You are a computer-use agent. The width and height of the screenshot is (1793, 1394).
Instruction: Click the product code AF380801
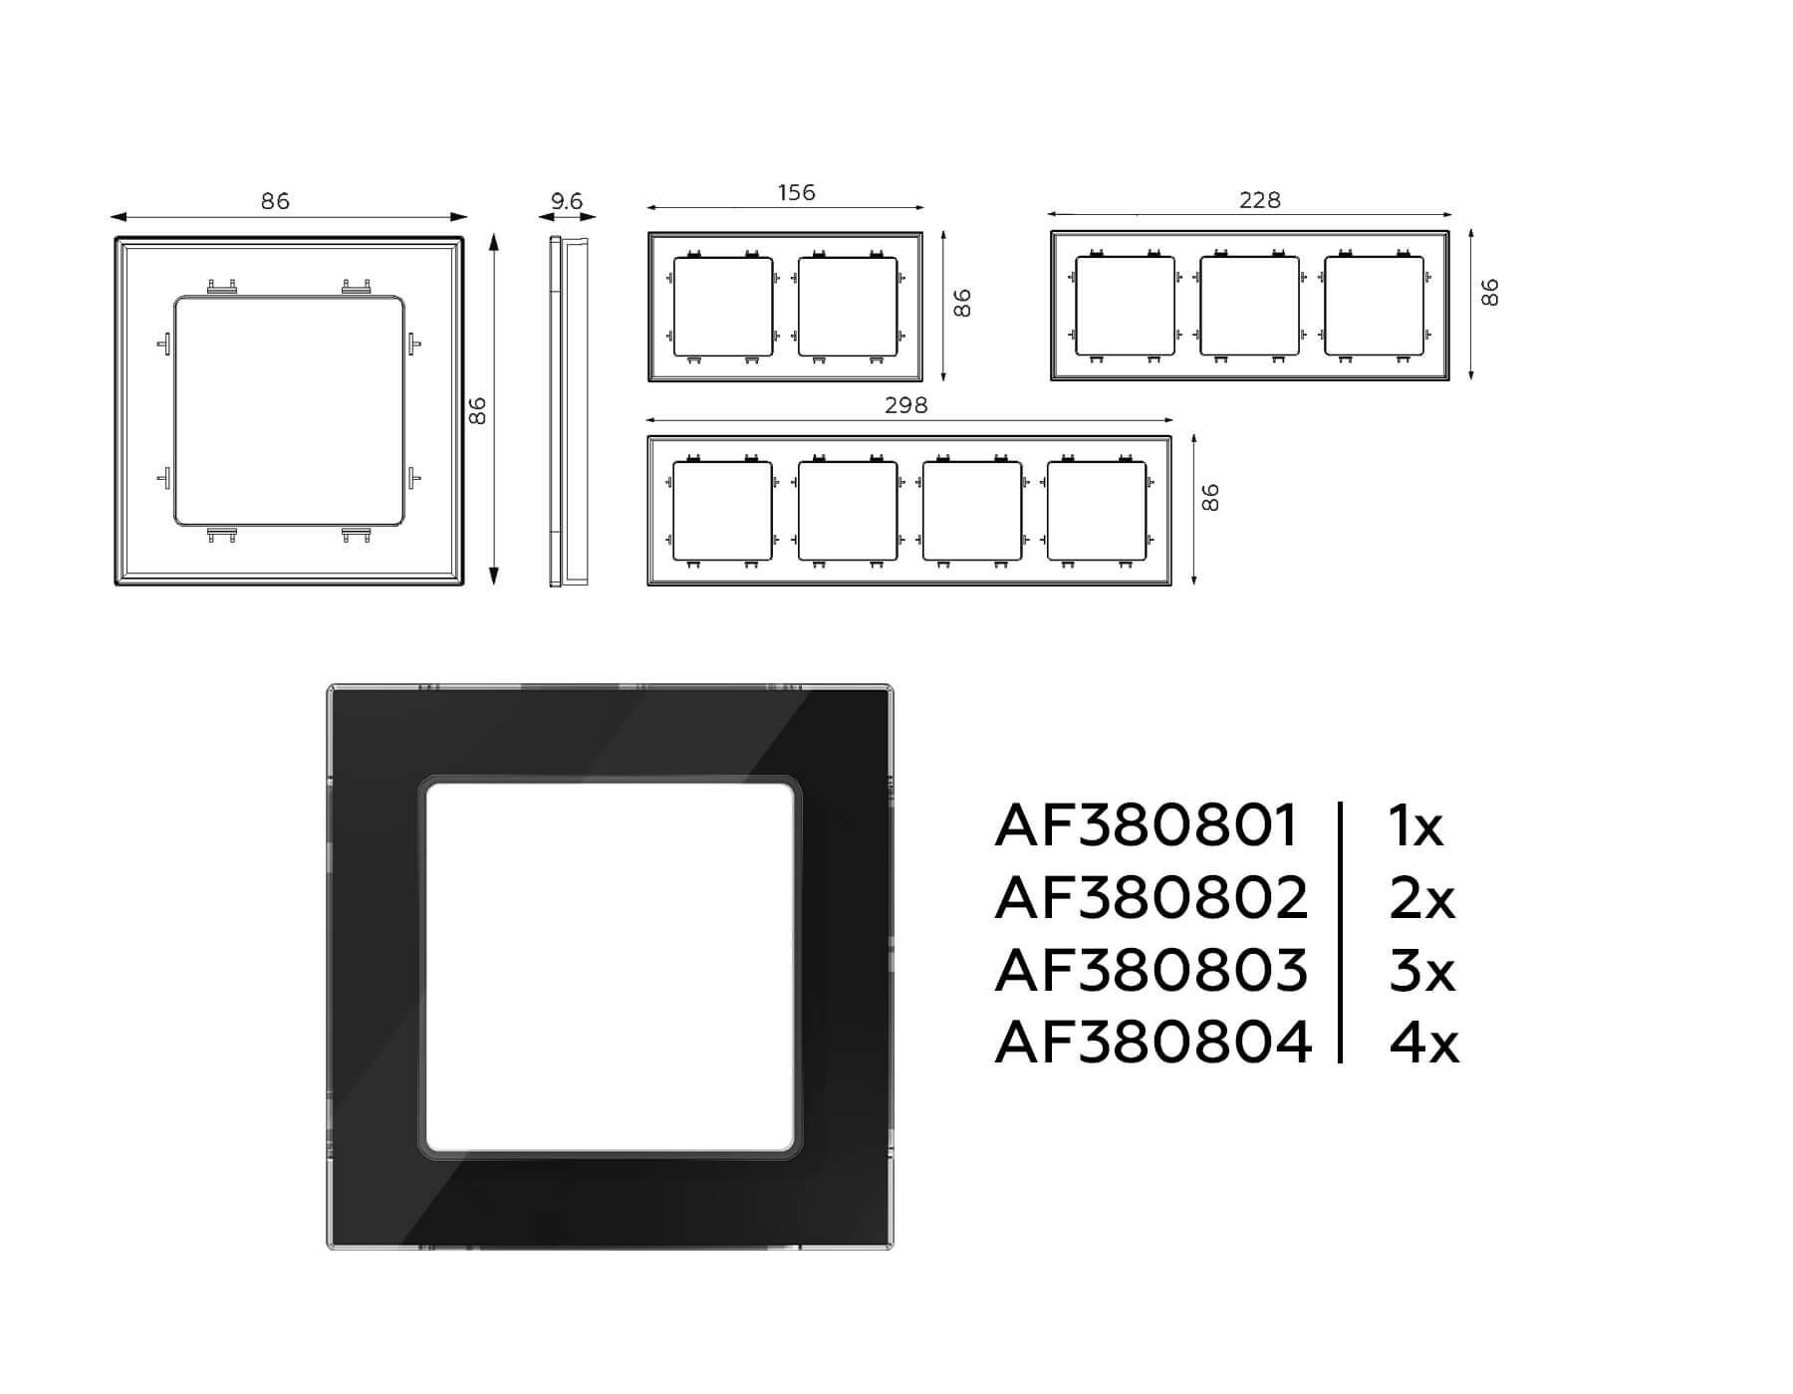pyautogui.click(x=1146, y=825)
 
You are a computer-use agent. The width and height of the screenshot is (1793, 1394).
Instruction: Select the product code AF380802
pyautogui.click(x=1151, y=898)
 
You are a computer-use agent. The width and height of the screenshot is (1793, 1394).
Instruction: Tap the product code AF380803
pyautogui.click(x=1151, y=970)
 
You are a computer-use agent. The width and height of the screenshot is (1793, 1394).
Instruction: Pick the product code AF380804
pyautogui.click(x=1153, y=1043)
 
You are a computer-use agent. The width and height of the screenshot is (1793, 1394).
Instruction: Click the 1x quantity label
pyautogui.click(x=1415, y=825)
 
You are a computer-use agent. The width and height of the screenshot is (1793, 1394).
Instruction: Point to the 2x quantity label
pyautogui.click(x=1421, y=898)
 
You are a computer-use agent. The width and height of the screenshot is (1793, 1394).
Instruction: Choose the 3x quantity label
pyautogui.click(x=1421, y=970)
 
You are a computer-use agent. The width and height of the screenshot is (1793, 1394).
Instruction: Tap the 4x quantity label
pyautogui.click(x=1423, y=1043)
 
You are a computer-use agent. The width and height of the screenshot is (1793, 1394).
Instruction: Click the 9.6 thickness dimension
pyautogui.click(x=567, y=201)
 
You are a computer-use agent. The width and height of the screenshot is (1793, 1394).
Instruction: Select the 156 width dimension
pyautogui.click(x=796, y=192)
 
